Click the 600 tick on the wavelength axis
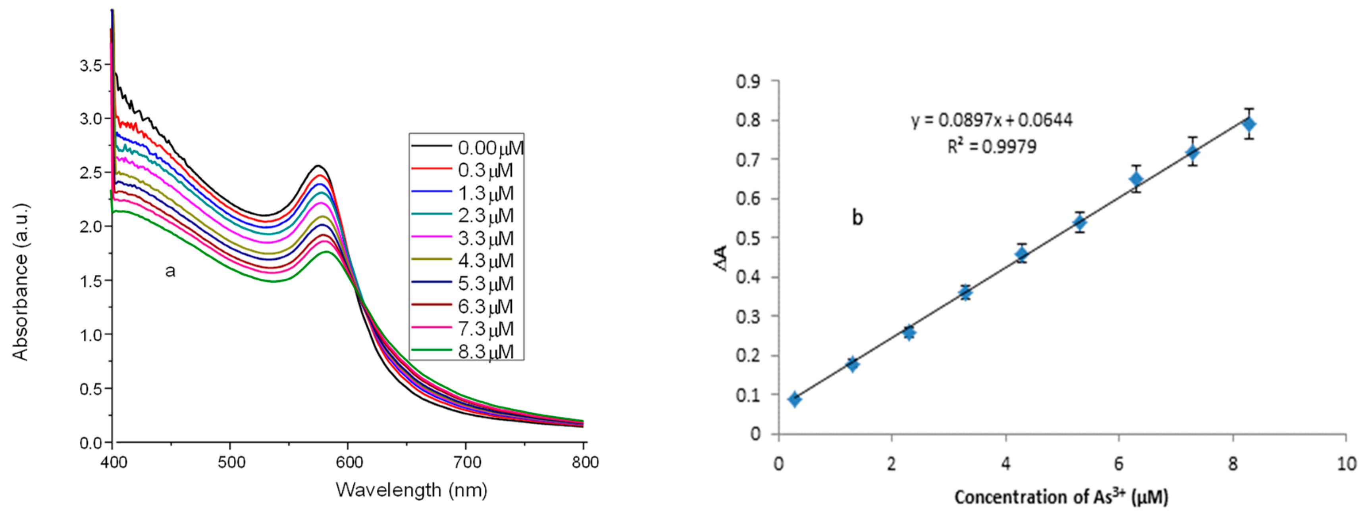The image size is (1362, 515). pos(349,463)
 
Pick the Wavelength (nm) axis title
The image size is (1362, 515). pos(411,490)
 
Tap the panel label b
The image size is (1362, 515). pos(857,218)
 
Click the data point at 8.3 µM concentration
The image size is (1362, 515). pos(1249,124)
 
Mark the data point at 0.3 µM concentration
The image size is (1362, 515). pos(795,399)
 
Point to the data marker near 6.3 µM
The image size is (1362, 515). pos(1136,179)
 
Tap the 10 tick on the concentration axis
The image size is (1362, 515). pos(1346,464)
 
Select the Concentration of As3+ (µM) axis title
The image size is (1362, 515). pos(1061,497)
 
